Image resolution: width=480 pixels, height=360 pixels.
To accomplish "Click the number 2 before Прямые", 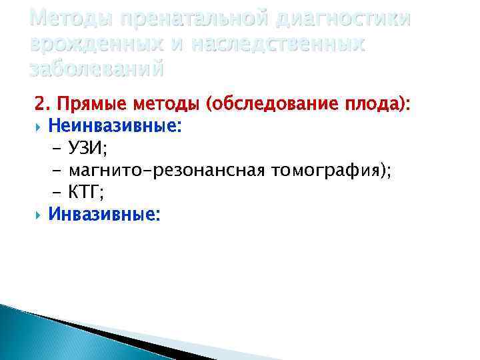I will click(x=40, y=104).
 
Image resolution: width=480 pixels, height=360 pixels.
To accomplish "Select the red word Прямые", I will click(x=91, y=104).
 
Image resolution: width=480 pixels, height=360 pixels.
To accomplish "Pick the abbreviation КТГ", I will click(x=86, y=193).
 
